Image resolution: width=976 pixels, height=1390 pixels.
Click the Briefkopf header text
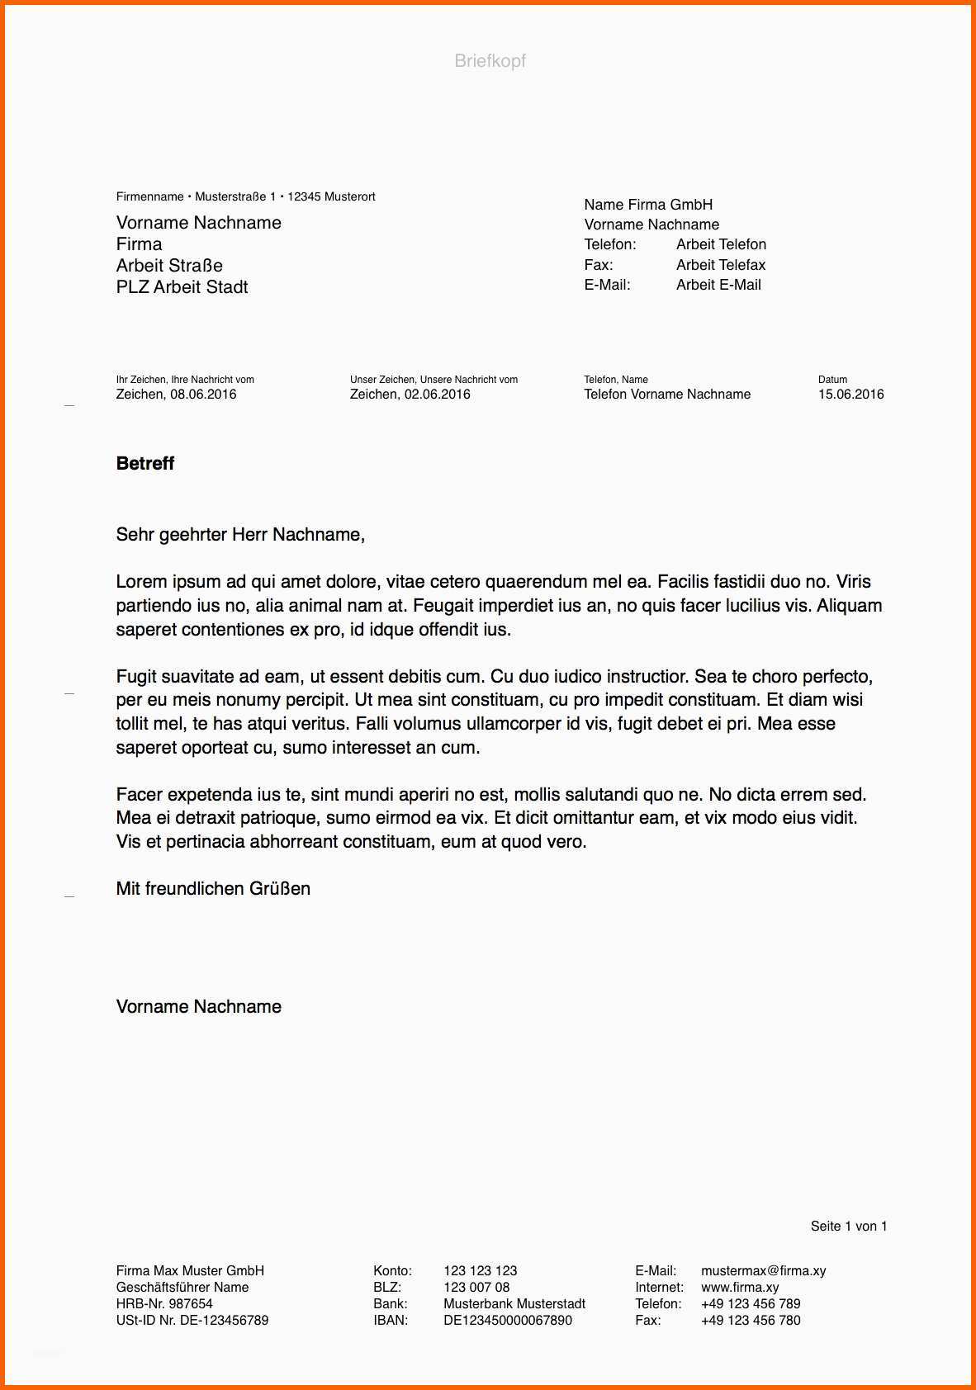(490, 60)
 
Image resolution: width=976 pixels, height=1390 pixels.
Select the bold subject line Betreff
(145, 463)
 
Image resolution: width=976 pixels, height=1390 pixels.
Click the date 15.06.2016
(850, 395)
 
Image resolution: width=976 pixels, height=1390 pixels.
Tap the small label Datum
(832, 380)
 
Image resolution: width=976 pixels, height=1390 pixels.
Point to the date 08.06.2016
(203, 395)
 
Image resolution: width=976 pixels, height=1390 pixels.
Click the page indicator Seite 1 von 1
(848, 1227)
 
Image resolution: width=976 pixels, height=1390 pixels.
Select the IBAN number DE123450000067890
(507, 1321)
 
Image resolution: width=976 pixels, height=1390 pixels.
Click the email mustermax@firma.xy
(763, 1271)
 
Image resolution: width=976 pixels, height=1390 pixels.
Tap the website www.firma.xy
(740, 1288)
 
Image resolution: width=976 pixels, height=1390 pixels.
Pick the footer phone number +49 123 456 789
(751, 1304)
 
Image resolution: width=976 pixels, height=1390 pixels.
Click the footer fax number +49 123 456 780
(751, 1321)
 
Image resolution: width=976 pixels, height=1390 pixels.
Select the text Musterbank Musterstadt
(514, 1304)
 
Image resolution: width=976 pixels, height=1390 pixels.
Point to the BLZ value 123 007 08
(476, 1288)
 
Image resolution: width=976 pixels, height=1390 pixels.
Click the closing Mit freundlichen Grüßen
(213, 889)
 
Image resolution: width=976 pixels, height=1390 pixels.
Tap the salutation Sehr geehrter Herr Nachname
(240, 535)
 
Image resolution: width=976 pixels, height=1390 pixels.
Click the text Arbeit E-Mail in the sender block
(718, 285)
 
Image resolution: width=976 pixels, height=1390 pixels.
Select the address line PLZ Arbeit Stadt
(182, 287)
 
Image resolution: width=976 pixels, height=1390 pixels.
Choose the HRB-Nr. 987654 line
(164, 1304)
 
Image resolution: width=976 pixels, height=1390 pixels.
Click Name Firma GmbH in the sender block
(648, 205)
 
